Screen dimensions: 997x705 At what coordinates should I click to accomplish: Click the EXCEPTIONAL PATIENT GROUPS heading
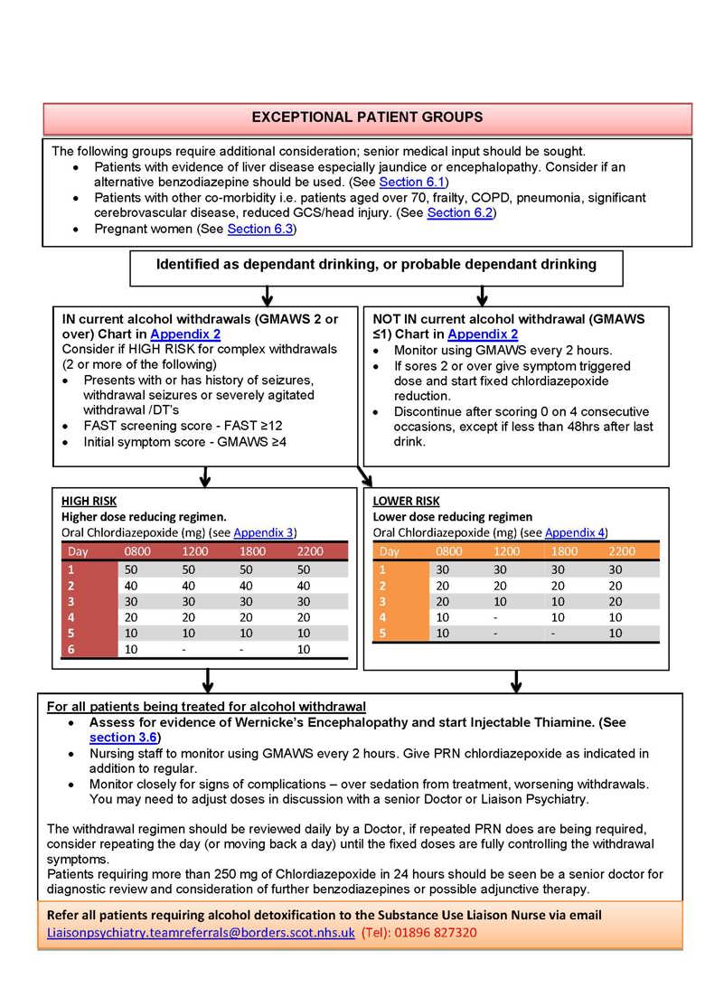point(366,118)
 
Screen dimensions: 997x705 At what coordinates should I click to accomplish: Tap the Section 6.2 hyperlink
point(459,212)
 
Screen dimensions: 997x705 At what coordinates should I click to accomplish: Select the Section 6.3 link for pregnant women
point(259,229)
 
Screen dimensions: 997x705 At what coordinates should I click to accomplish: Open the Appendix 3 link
point(264,532)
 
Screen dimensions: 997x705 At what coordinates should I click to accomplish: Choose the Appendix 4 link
point(576,532)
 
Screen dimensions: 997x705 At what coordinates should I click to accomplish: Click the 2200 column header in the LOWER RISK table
point(622,550)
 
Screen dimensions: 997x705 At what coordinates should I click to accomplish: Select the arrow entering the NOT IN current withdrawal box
point(482,296)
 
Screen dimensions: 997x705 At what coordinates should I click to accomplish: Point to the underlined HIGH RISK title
point(89,501)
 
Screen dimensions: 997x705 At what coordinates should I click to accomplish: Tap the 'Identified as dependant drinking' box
point(376,265)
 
